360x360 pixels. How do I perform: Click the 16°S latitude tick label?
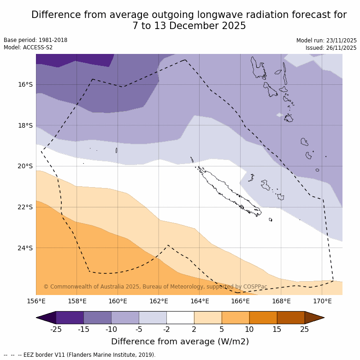25,84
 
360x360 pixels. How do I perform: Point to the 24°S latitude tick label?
25,248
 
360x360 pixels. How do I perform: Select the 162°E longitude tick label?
159,301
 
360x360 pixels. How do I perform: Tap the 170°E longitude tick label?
322,301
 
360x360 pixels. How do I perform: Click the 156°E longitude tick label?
36,301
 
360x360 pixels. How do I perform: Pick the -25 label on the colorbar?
56,329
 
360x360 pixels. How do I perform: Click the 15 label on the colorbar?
277,329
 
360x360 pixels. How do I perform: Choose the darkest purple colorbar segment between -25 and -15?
70,318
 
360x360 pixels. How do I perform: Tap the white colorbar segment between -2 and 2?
180,318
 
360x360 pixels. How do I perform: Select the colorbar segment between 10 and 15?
263,318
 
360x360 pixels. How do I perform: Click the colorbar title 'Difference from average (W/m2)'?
180,342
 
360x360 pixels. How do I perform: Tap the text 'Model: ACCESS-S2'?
28,47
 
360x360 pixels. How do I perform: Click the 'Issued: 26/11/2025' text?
331,48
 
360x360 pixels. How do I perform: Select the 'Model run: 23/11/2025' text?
326,41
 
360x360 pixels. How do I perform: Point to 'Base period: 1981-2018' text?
35,40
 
